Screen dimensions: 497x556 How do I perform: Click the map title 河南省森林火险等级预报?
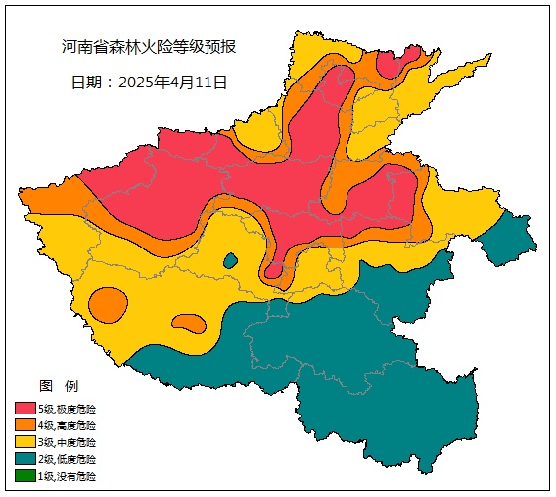[x=149, y=47]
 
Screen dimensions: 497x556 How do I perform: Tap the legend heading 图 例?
[x=58, y=385]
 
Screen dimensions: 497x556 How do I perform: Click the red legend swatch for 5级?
[x=25, y=409]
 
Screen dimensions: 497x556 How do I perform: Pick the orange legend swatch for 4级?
[x=25, y=425]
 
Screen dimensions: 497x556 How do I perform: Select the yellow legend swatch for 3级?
[x=25, y=442]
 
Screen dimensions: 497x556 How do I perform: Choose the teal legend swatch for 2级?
[x=25, y=459]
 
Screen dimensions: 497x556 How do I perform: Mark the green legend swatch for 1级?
[x=25, y=476]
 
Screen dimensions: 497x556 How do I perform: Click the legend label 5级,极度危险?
[x=68, y=409]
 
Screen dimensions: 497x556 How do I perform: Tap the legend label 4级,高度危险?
[x=68, y=425]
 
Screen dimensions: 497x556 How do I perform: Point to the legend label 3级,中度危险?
[x=68, y=442]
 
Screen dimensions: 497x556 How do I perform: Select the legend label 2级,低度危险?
[x=68, y=459]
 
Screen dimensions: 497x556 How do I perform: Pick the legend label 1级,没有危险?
[x=68, y=476]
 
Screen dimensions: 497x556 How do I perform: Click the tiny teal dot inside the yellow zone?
[x=230, y=261]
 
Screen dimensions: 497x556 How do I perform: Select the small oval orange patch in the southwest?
[x=187, y=323]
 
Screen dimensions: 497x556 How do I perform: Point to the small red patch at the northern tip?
[x=389, y=67]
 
